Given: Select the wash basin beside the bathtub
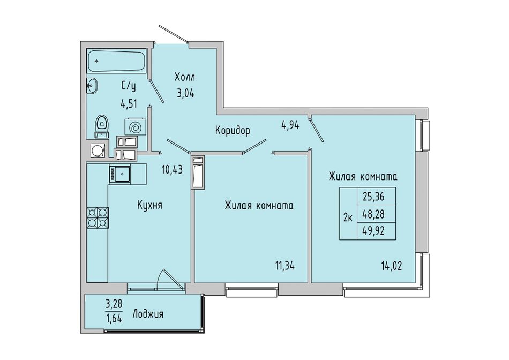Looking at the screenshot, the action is point(92,86).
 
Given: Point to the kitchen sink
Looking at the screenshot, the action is point(120,174).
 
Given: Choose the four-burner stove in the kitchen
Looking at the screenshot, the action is point(98,217).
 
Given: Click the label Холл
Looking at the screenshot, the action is point(185,78).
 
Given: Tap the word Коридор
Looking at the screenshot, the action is point(233,131).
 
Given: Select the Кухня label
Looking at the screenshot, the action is point(149,205).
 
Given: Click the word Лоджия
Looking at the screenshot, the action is point(148,314).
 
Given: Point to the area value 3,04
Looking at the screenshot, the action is point(185,94).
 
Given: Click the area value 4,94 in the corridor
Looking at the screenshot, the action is point(290,125).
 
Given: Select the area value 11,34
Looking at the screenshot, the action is point(285,266).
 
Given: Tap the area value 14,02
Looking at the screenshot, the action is point(392,266).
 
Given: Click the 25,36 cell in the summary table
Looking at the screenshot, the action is point(376,196).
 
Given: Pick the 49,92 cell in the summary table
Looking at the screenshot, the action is point(376,231).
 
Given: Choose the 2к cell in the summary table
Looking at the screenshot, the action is point(348,214).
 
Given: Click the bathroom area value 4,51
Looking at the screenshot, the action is point(129,104).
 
